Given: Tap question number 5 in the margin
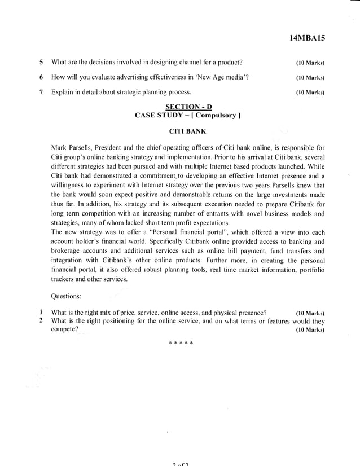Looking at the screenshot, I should coord(41,62).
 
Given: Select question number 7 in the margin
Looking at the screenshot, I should coord(41,92).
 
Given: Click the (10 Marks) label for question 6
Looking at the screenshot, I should coord(309,77).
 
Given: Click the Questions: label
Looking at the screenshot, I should coord(66,296).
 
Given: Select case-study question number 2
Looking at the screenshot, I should coord(41,321).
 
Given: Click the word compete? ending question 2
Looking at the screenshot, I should coord(64,329).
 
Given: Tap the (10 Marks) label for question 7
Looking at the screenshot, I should coord(309,93).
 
